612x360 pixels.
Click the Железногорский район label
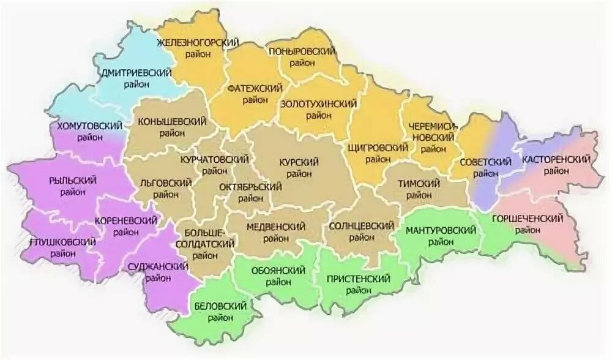pos(197,48)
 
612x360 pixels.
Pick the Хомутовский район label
pos(89,131)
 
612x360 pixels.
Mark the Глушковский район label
pos(62,248)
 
